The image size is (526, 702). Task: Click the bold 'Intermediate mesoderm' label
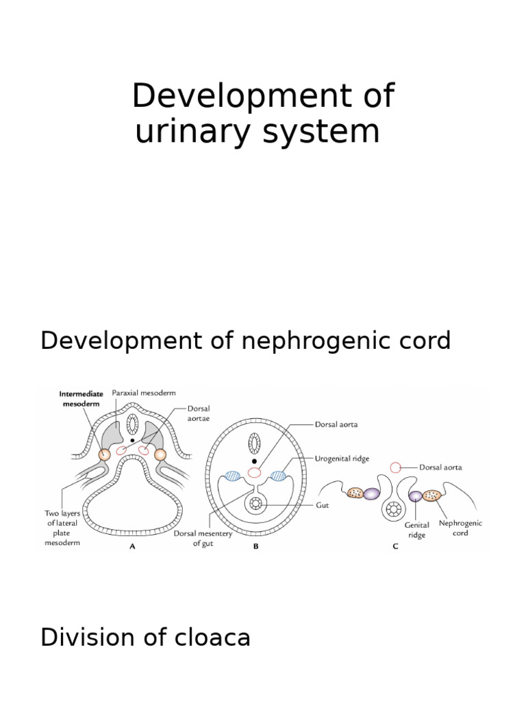(x=81, y=398)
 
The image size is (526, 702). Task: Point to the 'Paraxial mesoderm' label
(x=146, y=393)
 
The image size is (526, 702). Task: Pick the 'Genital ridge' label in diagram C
(x=417, y=531)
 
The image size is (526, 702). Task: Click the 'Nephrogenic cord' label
(x=460, y=527)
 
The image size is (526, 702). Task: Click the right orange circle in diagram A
(x=161, y=455)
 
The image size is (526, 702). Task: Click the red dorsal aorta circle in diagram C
(x=395, y=468)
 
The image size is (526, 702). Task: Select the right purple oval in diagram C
(x=415, y=496)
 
